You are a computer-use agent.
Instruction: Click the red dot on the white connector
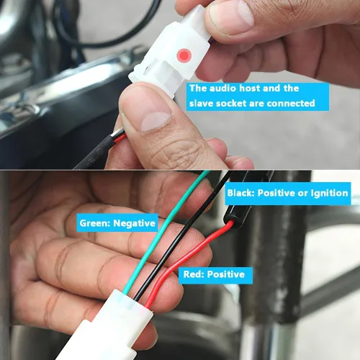(184, 55)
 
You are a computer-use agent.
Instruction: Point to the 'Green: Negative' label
(117, 223)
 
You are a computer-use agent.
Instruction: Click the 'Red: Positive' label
(215, 274)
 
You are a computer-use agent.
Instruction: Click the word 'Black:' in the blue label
(241, 193)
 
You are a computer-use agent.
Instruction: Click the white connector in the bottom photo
(106, 326)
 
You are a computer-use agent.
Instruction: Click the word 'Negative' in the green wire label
(135, 223)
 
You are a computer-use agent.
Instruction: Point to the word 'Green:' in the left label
(95, 223)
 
